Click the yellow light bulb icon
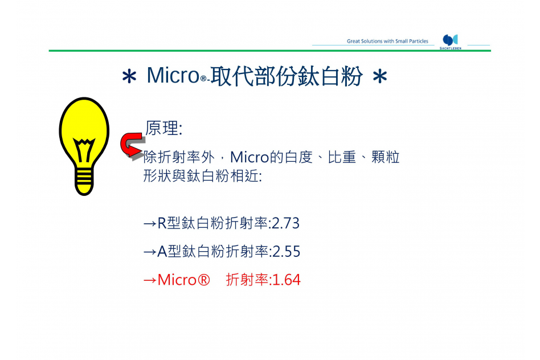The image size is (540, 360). pos(84,146)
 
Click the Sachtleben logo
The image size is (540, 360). pos(451,42)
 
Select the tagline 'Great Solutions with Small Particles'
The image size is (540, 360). pos(387,41)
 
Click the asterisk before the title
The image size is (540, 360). pos(129,76)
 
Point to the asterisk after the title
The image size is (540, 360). pos(380,76)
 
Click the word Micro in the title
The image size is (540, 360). pos(173,75)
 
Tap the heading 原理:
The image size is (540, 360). pos(163,128)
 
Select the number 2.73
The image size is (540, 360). pos(285,223)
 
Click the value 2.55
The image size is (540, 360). pos(286,251)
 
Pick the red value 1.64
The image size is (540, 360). pos(287,280)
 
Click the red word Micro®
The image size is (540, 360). pos(183,280)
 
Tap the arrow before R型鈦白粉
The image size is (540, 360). pos(150,224)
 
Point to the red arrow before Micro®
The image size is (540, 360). pos(150,280)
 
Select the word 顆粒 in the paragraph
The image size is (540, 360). pos(386,157)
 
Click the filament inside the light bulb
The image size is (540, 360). pos(84,150)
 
